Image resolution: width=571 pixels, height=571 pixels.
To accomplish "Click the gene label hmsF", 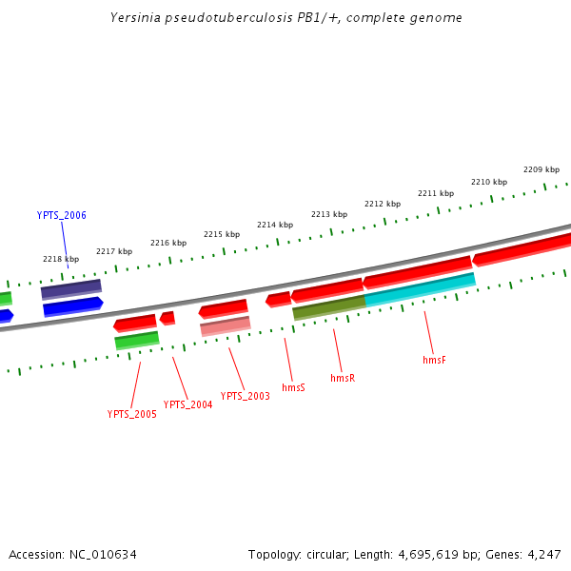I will pos(434,361).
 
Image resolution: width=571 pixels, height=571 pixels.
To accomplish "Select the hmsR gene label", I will pos(343,378).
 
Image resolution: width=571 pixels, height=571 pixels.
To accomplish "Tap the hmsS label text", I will pos(293,387).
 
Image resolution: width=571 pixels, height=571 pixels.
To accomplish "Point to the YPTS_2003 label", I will pos(245,396).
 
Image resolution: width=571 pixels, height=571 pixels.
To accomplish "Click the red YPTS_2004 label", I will pos(187,404).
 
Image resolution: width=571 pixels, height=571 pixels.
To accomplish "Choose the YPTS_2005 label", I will pos(131,414).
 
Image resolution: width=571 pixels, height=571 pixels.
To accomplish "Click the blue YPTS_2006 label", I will pos(61,215).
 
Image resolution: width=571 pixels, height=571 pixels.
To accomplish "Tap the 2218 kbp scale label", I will pos(61,259).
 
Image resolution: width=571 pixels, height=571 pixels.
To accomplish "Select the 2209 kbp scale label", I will pos(541,169).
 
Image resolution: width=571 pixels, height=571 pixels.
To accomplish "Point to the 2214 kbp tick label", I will pos(274,225).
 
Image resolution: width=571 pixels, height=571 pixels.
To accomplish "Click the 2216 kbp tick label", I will pos(168,243).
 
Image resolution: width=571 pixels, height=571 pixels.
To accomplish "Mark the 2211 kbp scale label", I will pos(435,193).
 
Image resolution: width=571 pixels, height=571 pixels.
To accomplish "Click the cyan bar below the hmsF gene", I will pos(420,288).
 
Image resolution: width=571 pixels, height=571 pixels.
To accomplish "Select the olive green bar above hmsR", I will pos(328,306).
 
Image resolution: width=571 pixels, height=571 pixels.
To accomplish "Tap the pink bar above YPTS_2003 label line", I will pos(226,326).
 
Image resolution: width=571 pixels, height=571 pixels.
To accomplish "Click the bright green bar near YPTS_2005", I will pos(137,340).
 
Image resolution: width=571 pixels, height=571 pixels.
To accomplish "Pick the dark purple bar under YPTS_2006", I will pos(71,288).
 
